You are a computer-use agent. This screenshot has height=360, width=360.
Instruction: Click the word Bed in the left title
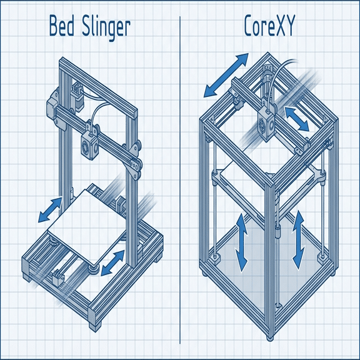(x=61, y=28)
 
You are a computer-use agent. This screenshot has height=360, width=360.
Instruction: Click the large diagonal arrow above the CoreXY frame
(x=226, y=75)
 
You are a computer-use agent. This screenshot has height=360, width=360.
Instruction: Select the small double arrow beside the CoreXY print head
(x=297, y=119)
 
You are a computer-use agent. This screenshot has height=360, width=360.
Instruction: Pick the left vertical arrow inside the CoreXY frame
(x=241, y=242)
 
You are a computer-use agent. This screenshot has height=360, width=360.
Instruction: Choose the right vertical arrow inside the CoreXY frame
(x=298, y=239)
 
